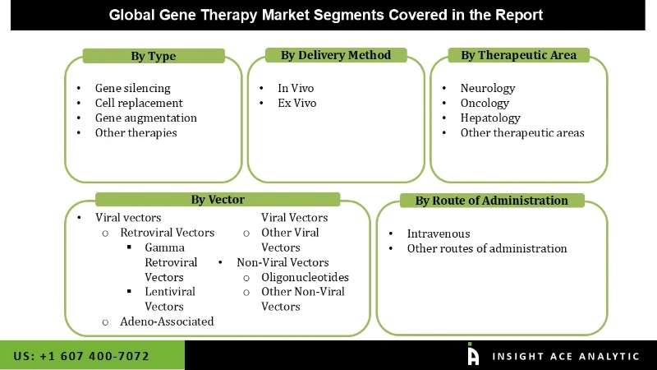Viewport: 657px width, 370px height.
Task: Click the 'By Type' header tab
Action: pyautogui.click(x=154, y=56)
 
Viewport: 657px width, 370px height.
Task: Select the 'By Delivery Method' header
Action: pyautogui.click(x=336, y=55)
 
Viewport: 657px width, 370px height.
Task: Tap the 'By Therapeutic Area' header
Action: pyautogui.click(x=518, y=55)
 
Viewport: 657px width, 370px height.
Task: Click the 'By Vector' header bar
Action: pyautogui.click(x=218, y=199)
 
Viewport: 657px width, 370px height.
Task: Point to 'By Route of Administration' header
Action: pyautogui.click(x=491, y=201)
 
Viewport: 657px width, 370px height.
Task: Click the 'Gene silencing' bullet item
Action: pyautogui.click(x=132, y=88)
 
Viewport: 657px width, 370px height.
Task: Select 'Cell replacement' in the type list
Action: pyautogui.click(x=139, y=103)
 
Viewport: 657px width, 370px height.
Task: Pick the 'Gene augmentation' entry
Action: pyautogui.click(x=145, y=118)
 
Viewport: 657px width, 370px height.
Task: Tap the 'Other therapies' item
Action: pyautogui.click(x=136, y=132)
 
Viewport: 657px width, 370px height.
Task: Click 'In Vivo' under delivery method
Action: pyautogui.click(x=296, y=88)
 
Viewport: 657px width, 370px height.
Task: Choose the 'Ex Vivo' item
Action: pyautogui.click(x=296, y=103)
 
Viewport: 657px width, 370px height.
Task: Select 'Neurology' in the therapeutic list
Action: pyautogui.click(x=487, y=88)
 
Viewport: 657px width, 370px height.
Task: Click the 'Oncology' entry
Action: pyautogui.click(x=485, y=103)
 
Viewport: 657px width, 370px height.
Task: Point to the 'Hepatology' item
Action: pyautogui.click(x=490, y=118)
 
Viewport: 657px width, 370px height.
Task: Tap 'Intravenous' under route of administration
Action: pyautogui.click(x=439, y=234)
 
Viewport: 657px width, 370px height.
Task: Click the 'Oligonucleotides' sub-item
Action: pyautogui.click(x=305, y=277)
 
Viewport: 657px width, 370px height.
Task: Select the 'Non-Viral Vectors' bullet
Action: pyautogui.click(x=283, y=262)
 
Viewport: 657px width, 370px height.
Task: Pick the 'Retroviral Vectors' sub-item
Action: pyautogui.click(x=167, y=233)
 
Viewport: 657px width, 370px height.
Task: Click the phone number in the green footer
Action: pyautogui.click(x=81, y=356)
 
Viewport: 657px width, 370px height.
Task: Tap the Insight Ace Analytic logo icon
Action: pyautogui.click(x=473, y=354)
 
